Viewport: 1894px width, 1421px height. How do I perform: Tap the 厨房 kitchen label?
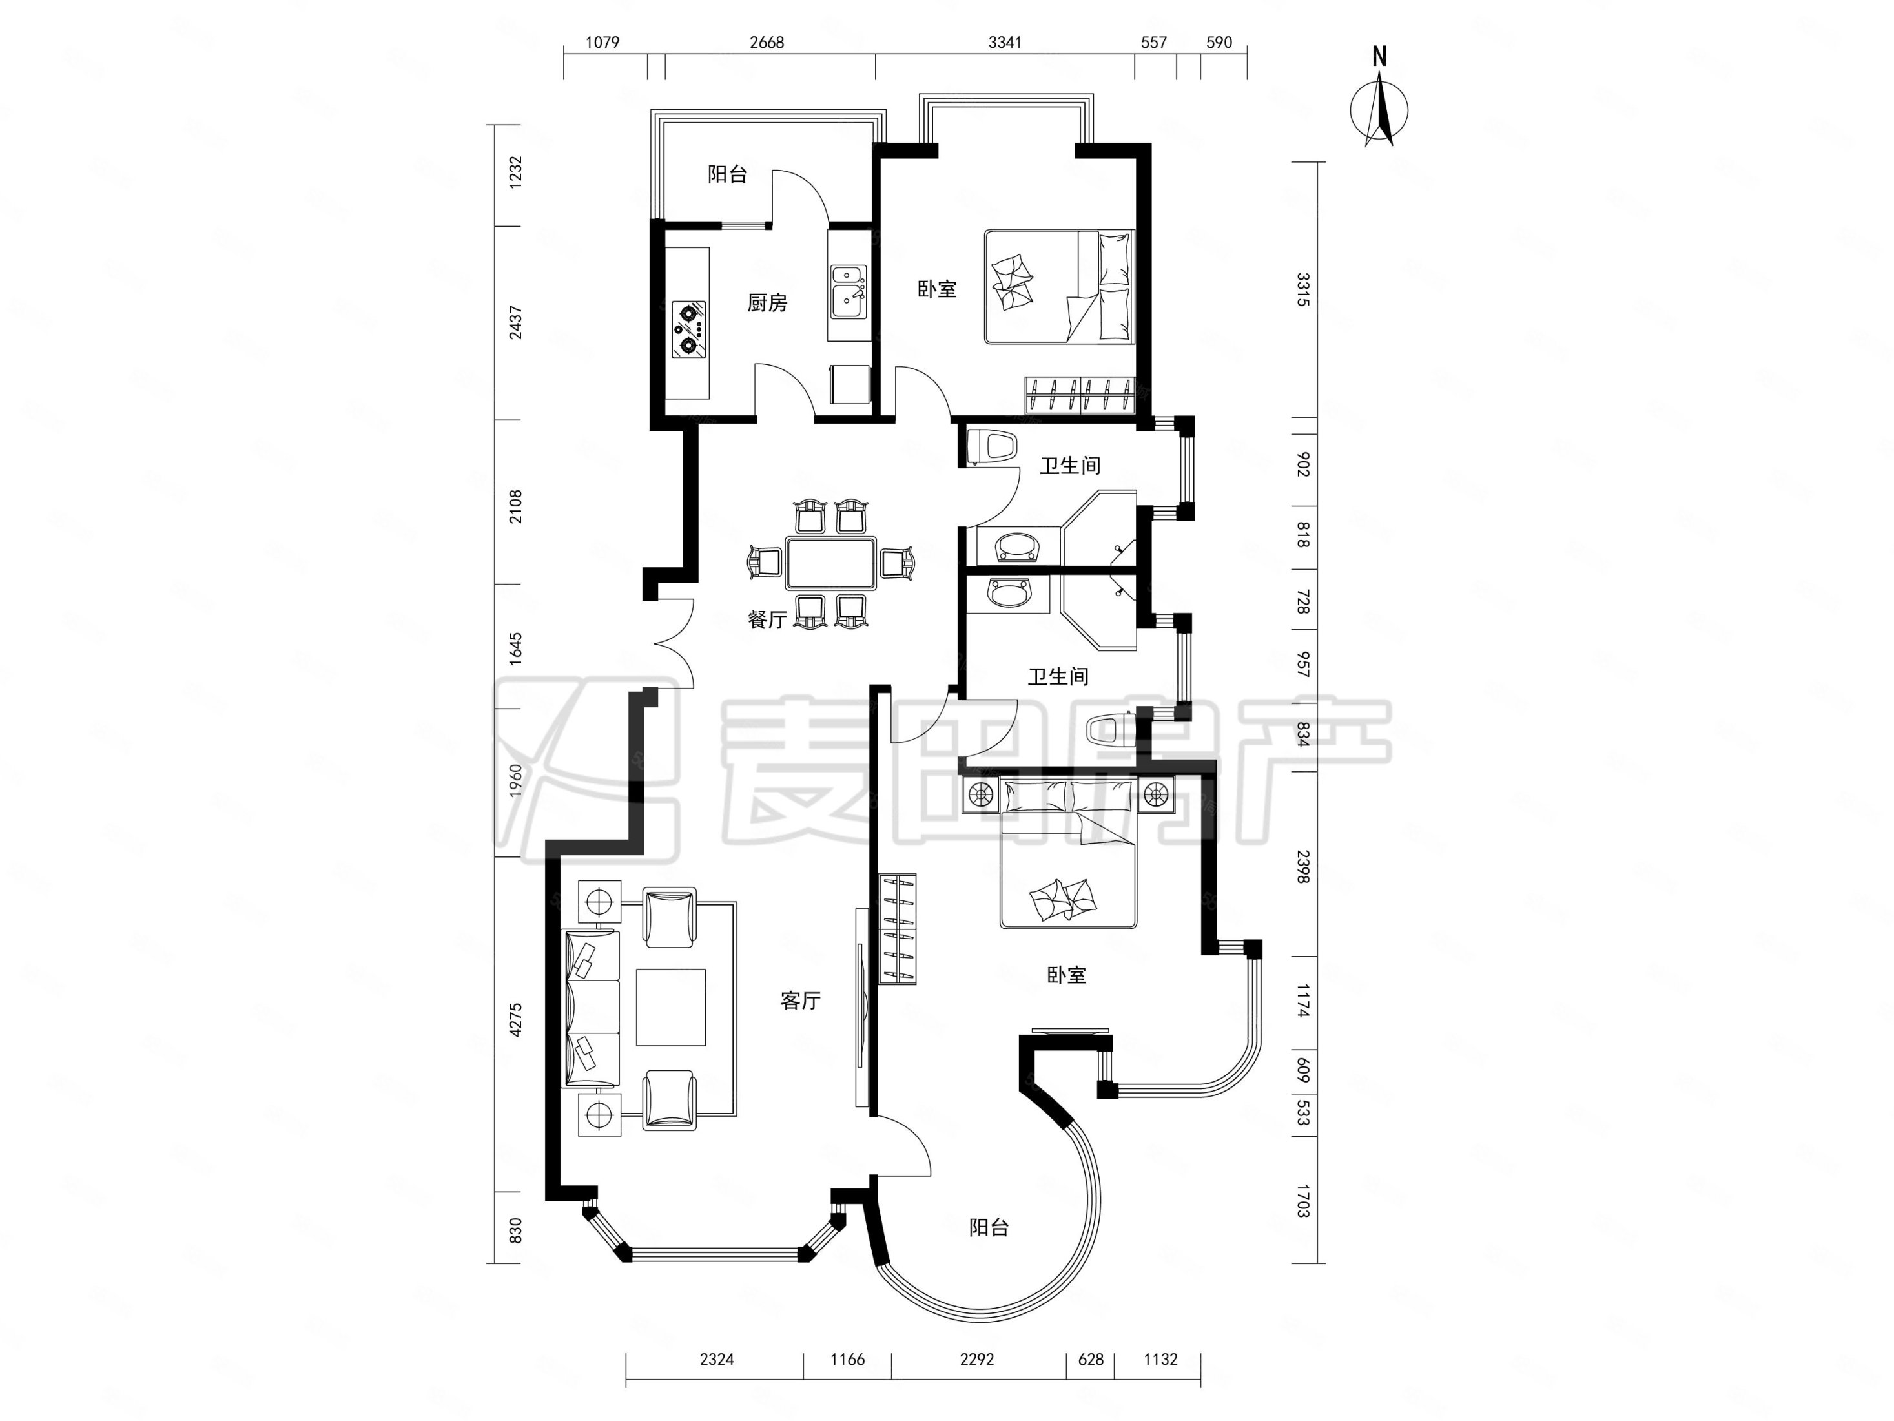[767, 302]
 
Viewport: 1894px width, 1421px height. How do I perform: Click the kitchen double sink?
[848, 291]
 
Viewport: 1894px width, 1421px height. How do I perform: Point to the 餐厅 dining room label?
[767, 619]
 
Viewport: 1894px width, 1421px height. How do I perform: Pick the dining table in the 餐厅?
[831, 563]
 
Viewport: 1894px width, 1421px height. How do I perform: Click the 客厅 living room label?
[801, 1000]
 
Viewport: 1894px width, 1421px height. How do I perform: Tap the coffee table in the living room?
[670, 1007]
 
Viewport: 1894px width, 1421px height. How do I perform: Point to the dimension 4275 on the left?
[515, 1020]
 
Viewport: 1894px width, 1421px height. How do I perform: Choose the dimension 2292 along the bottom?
[977, 1360]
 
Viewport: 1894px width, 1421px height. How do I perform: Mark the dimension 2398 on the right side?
[1303, 867]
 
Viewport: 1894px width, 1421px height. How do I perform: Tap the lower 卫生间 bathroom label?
[1058, 677]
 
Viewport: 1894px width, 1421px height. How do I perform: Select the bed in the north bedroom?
[1059, 286]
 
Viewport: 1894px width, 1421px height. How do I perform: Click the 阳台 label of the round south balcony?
[989, 1227]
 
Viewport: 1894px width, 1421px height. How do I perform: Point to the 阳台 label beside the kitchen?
[727, 175]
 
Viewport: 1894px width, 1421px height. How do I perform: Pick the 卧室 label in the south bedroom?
[1067, 975]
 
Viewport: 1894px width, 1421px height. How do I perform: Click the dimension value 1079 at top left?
[602, 42]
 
